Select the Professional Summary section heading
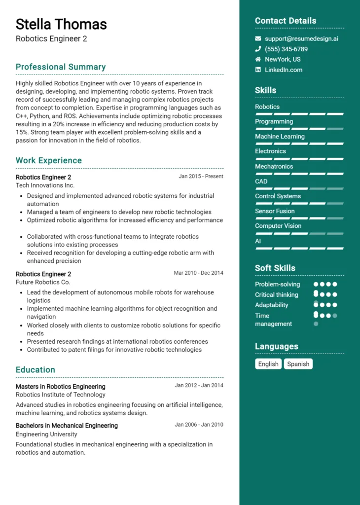tap(61, 67)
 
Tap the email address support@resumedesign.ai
tap(301, 38)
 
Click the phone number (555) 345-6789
tap(286, 49)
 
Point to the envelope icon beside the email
tap(258, 38)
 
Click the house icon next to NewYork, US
tap(258, 59)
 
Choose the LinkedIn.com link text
tap(284, 70)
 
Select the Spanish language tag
tap(298, 364)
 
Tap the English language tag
tap(268, 364)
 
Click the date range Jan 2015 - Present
tap(201, 176)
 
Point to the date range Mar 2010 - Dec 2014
tap(198, 273)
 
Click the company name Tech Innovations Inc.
tap(45, 185)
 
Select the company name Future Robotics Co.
tap(43, 282)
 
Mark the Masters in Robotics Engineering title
tap(60, 386)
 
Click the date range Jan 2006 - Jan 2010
tap(199, 424)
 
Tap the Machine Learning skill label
tap(280, 136)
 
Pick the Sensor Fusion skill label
tap(275, 211)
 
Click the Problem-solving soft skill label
tap(277, 284)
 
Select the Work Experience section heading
tap(49, 160)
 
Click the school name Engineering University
tap(46, 434)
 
